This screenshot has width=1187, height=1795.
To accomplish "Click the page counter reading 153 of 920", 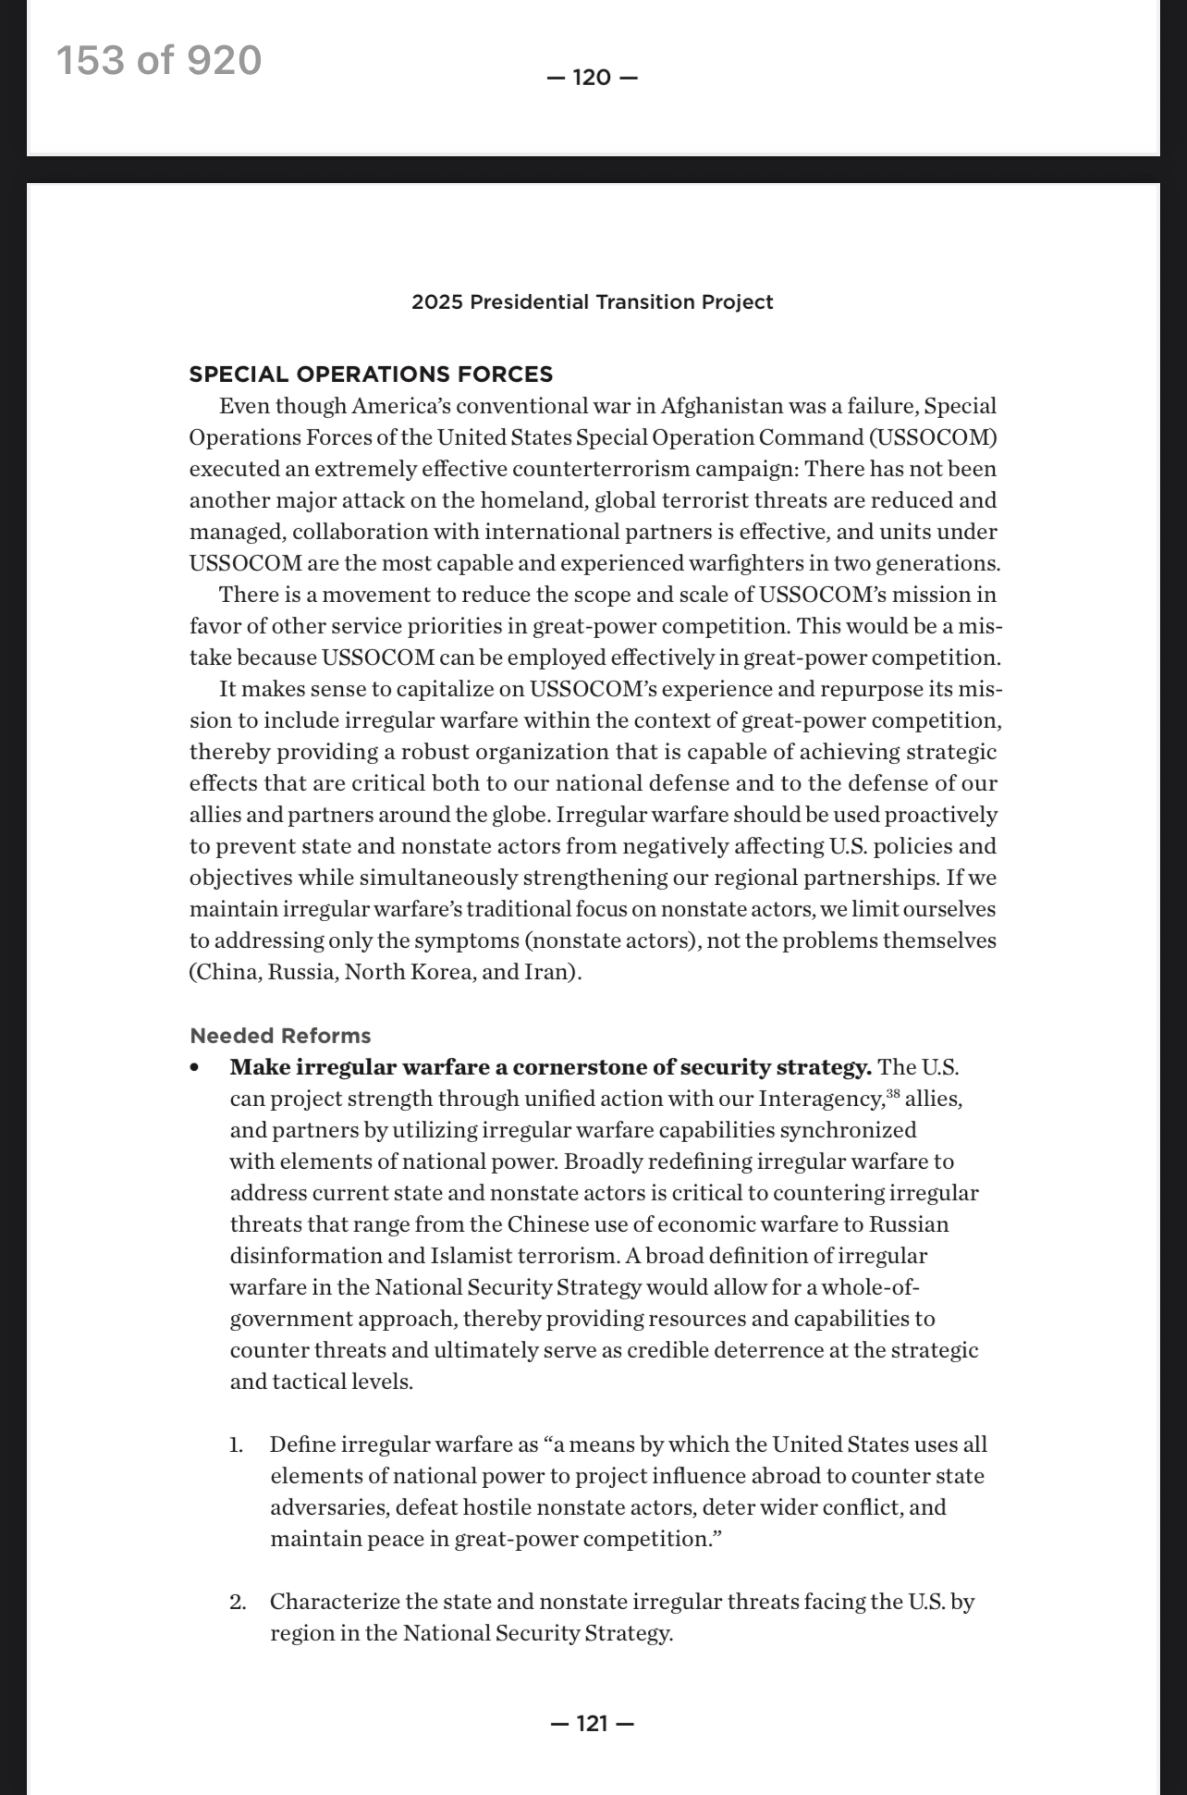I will click(159, 61).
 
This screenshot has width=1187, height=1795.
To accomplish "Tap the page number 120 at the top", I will click(593, 78).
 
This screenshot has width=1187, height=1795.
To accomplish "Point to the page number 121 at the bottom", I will click(593, 1723).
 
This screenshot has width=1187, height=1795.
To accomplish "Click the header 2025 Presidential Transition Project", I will click(593, 302).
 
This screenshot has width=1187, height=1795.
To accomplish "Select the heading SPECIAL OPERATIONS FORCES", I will click(371, 375).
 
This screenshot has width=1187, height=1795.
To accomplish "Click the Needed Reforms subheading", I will click(280, 1036).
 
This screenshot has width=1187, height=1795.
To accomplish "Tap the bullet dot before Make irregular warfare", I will click(194, 1068).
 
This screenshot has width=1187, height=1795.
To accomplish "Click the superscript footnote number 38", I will click(893, 1094).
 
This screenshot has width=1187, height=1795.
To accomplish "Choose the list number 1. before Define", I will click(237, 1445).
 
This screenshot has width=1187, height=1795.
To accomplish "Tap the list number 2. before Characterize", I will click(238, 1602).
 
